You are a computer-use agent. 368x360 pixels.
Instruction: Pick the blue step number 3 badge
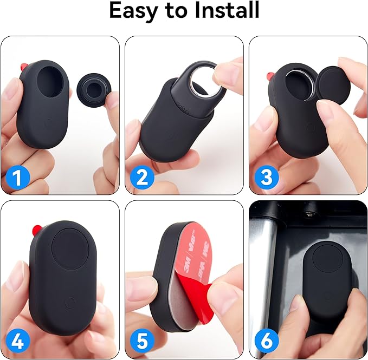pos(266,178)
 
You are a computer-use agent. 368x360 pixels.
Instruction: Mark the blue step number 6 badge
pos(266,341)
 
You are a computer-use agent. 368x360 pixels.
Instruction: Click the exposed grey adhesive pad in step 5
pos(179,303)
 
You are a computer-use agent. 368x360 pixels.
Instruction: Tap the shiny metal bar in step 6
pos(259,271)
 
